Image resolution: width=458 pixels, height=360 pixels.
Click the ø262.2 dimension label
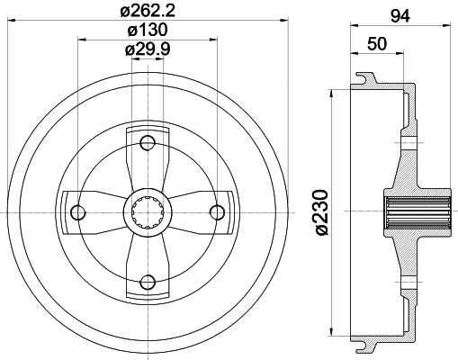148,13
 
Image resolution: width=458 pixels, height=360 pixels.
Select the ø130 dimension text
148,31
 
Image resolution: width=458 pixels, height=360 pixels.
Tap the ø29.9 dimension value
148,49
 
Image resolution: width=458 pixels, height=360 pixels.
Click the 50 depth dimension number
377,44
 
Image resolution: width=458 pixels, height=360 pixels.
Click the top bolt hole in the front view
148,142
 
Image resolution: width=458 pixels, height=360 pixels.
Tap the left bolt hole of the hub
78,211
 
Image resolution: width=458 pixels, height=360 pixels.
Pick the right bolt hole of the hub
216,211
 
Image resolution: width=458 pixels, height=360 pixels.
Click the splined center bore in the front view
148,211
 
